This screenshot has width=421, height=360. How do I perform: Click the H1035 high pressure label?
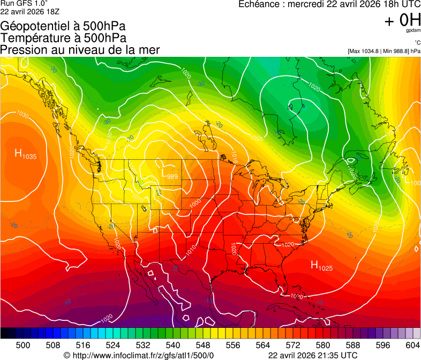coord(25,155)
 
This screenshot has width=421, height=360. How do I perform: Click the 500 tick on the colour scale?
coord(23,345)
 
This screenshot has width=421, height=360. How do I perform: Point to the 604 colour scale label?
coord(412,345)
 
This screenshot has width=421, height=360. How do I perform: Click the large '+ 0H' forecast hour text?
coord(402,20)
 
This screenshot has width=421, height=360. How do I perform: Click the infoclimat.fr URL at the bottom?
coord(139,355)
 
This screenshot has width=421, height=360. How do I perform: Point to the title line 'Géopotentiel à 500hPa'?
coord(63,26)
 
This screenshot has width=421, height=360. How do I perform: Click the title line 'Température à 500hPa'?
coord(63,38)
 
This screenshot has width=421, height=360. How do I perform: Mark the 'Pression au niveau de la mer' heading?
coord(80,50)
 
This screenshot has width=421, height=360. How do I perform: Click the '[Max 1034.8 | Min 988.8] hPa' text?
coord(384,51)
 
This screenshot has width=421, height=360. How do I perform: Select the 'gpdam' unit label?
coord(412,31)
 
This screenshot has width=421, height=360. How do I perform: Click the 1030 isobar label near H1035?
coord(22,115)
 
